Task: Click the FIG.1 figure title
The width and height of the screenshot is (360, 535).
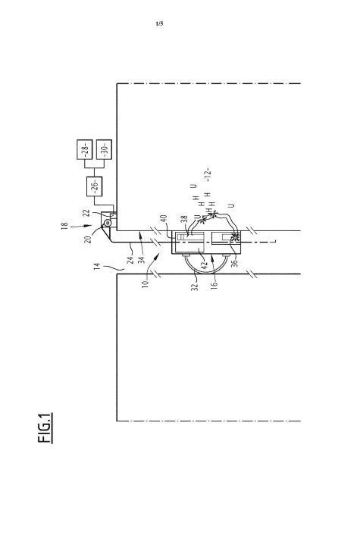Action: coord(45,427)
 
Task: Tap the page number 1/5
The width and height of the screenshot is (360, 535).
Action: coord(159,23)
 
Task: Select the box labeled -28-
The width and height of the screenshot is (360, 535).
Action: coord(85,149)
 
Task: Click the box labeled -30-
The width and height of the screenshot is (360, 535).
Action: coord(105,149)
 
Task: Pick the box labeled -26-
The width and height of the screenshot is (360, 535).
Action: coord(95,186)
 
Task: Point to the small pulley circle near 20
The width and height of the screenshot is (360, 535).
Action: coord(108,223)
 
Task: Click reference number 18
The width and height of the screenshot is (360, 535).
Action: coord(64,226)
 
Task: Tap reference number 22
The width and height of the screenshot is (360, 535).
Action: coord(87,213)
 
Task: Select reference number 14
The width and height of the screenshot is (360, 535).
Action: coord(96,267)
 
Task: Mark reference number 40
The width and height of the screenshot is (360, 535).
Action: coord(164,218)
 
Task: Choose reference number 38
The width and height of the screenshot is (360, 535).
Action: coord(185,219)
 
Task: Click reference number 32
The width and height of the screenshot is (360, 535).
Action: coord(195,286)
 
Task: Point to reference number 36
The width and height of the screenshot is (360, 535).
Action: coord(234,263)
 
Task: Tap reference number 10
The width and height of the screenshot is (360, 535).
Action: coord(146,283)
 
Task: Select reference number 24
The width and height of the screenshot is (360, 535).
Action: coord(130,261)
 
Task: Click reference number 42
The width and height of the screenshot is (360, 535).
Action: coord(205,264)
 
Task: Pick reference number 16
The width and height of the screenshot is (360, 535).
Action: coord(214,285)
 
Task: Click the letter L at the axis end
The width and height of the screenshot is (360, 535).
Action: coord(274,242)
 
